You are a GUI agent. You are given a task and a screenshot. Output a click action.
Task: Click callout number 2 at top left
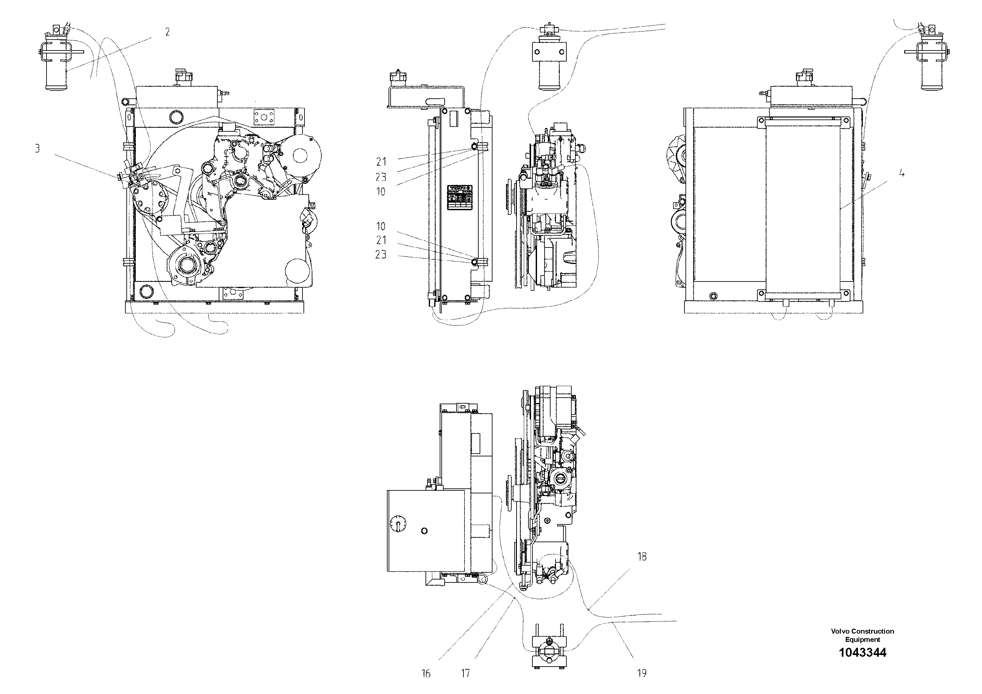(x=167, y=32)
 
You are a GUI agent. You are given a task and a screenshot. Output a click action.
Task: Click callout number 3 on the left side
(x=37, y=149)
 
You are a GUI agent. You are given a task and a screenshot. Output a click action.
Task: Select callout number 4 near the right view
(x=902, y=173)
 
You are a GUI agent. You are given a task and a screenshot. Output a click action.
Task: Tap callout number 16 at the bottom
(x=426, y=674)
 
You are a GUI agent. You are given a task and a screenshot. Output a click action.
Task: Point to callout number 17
(x=465, y=674)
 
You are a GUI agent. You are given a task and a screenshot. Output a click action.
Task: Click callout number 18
(x=642, y=557)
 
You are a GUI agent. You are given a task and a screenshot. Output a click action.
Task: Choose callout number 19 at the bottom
(x=642, y=674)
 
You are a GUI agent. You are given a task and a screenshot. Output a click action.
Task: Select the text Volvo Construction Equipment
(x=862, y=635)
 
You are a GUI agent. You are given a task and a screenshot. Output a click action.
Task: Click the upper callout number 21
(x=381, y=162)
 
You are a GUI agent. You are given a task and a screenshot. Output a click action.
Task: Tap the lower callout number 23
(x=381, y=254)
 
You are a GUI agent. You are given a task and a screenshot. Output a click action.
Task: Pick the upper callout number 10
(x=381, y=192)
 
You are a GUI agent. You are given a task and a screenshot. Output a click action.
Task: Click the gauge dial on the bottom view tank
(x=398, y=523)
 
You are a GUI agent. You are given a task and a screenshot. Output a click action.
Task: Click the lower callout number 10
(x=381, y=226)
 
